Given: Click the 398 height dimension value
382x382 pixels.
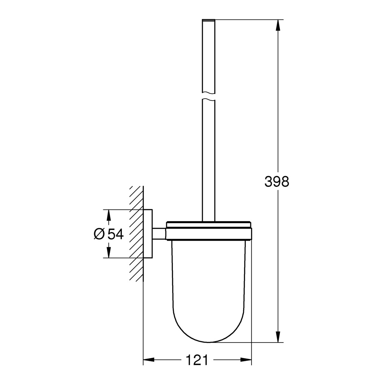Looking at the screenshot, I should click(276, 181).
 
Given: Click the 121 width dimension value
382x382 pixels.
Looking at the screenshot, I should click(197, 360).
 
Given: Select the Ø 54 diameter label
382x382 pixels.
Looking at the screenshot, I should click(109, 234).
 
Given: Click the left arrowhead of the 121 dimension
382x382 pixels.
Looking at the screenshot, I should click(148, 360).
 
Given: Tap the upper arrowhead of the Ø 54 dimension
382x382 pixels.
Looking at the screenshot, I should click(108, 215).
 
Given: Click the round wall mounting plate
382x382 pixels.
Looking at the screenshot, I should click(148, 233).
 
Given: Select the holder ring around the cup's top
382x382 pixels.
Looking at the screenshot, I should click(209, 234).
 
